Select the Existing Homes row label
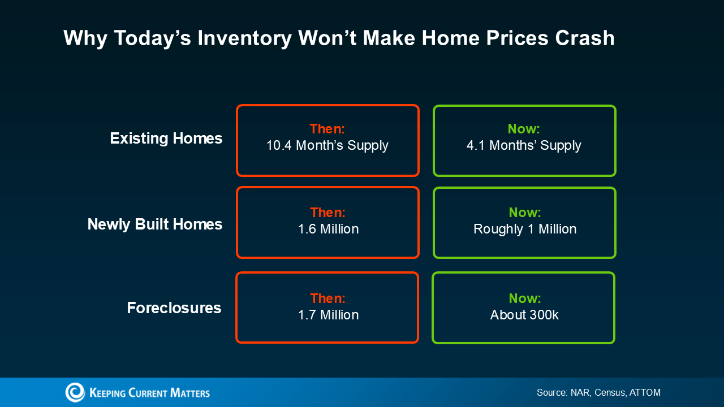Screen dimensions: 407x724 coord(166,138)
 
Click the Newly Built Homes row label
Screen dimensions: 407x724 coord(154,224)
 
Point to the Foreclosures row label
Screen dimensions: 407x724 coord(174,308)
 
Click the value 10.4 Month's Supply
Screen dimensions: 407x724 coord(327,145)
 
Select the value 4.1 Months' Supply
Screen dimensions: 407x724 coord(524,145)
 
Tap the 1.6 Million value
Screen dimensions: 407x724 coord(328,229)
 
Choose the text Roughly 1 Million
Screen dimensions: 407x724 coord(525,229)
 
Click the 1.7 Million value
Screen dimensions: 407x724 coord(328,315)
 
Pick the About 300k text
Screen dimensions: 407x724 coord(524,315)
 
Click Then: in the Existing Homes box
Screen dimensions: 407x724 coord(327,129)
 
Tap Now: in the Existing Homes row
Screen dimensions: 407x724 coord(524,129)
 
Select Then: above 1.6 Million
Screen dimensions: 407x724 coord(327,213)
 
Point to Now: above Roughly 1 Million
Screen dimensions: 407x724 coord(525,213)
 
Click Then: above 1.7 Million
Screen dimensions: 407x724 coord(327,298)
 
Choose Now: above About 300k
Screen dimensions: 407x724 coord(524,298)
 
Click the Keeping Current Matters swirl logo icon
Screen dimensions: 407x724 coord(75,392)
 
